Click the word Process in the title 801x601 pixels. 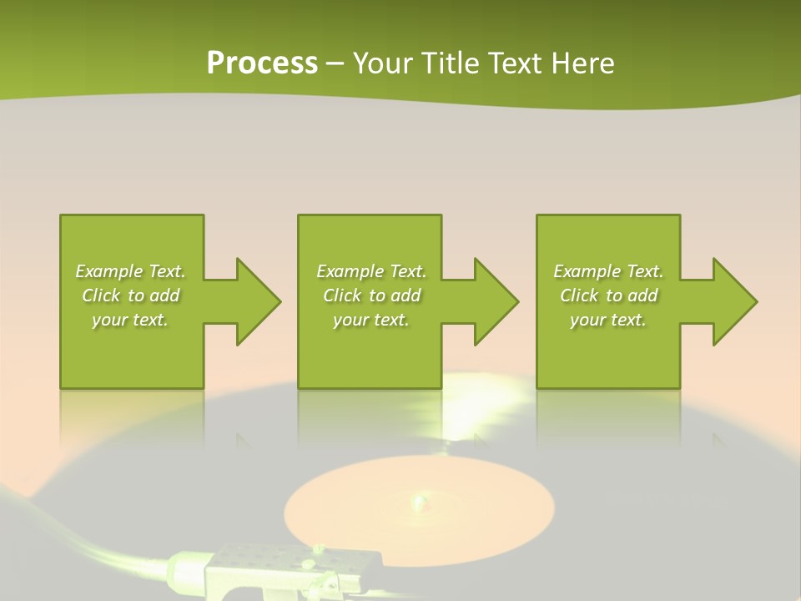click(x=262, y=63)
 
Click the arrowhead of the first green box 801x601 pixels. click(x=255, y=301)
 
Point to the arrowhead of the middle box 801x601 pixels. click(x=493, y=301)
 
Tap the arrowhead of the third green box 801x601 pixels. click(x=732, y=301)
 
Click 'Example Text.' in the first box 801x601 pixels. click(x=130, y=271)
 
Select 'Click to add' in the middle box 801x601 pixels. click(x=371, y=295)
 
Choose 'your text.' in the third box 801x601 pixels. click(x=607, y=320)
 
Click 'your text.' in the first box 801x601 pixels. click(x=130, y=320)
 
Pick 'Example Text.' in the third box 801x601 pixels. click(x=607, y=271)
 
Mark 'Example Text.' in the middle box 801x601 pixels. click(x=371, y=271)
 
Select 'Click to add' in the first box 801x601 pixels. click(x=130, y=295)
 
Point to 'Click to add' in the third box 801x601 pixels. click(x=607, y=295)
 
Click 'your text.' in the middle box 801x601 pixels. click(x=371, y=320)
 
